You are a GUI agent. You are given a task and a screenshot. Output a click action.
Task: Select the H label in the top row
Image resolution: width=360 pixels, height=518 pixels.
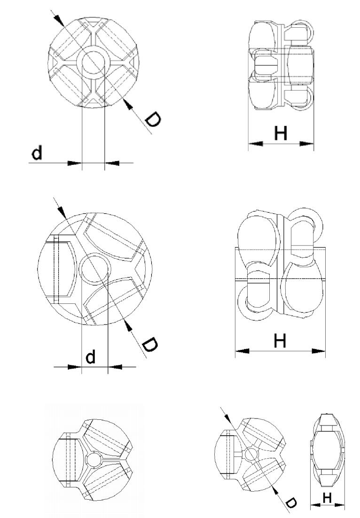pos(281,134)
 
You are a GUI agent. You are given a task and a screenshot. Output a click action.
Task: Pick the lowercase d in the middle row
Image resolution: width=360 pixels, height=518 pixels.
pos(90,357)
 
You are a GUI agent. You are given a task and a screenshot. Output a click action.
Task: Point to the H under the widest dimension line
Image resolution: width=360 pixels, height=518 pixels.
pos(280,340)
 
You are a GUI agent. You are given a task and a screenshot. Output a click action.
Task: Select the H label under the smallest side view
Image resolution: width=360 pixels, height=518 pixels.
pos(328,497)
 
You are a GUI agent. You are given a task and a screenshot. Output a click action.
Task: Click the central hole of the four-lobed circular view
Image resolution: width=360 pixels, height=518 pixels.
pos(93,62)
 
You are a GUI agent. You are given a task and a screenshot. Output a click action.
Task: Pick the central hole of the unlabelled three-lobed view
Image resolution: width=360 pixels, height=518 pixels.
pos(94,459)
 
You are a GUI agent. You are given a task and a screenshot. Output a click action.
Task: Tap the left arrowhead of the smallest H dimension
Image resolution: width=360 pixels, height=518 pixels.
pos(315,506)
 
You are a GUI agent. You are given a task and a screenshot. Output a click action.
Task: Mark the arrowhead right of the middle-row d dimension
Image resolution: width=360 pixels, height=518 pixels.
pos(115,366)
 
